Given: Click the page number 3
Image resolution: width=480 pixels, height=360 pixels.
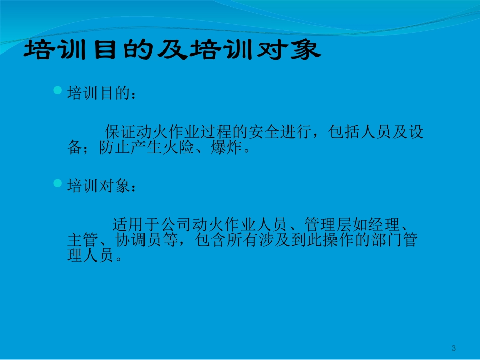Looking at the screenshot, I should tap(453, 348).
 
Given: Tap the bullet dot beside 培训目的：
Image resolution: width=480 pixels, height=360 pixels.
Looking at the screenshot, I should tap(57, 90).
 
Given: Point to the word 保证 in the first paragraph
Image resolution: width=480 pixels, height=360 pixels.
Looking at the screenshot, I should tap(119, 132).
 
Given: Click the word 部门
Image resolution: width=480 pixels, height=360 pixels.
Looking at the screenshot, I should tap(390, 240).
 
